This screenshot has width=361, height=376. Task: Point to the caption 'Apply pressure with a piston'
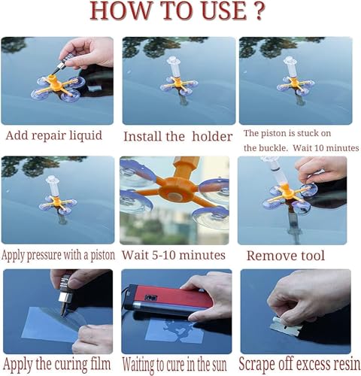click(59, 255)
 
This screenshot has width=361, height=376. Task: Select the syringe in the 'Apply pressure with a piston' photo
click(53, 188)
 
